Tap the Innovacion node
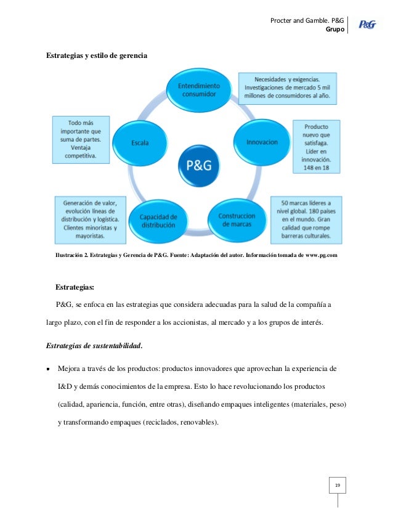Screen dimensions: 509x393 pyautogui.click(x=262, y=142)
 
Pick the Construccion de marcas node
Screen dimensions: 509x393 pyautogui.click(x=236, y=221)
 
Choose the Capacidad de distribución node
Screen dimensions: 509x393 pyautogui.click(x=158, y=221)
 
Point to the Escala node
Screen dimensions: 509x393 pyautogui.click(x=140, y=143)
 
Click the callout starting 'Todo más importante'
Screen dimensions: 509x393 pyautogui.click(x=81, y=140)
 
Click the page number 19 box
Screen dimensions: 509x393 pyautogui.click(x=337, y=487)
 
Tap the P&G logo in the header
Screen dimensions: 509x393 pyautogui.click(x=367, y=25)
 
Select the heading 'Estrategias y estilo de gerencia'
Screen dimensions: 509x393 pyautogui.click(x=97, y=56)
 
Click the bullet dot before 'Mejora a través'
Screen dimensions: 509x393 pyautogui.click(x=49, y=369)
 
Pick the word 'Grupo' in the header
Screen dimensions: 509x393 pyautogui.click(x=334, y=28)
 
